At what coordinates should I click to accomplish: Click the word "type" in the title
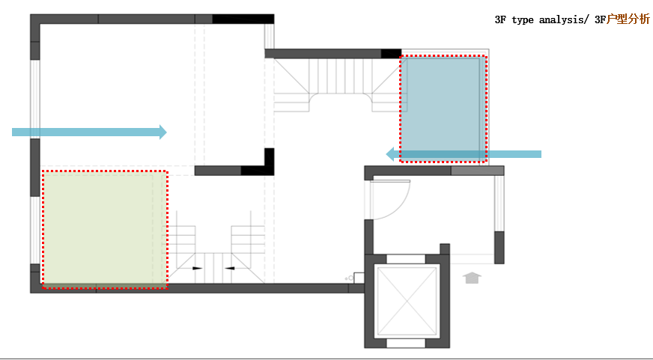point(523,20)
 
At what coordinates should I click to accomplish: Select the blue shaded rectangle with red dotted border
point(443,108)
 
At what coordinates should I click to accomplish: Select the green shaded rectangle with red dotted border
point(105,229)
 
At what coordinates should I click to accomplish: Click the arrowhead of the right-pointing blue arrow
point(163,132)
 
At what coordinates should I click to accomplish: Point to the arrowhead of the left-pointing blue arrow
point(390,154)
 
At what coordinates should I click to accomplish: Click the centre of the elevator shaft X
point(406,300)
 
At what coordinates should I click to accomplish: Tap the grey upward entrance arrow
point(472,278)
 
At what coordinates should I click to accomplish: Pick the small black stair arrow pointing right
point(198,268)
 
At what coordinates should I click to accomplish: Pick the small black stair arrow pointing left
point(230,268)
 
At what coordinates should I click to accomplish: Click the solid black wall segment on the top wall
point(243,19)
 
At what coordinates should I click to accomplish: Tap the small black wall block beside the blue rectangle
point(391,53)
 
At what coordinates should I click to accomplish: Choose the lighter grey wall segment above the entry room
point(477,171)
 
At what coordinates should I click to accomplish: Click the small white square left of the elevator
point(359,278)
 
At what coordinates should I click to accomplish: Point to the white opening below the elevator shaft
point(406,343)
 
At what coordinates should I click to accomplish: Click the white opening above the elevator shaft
point(406,259)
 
